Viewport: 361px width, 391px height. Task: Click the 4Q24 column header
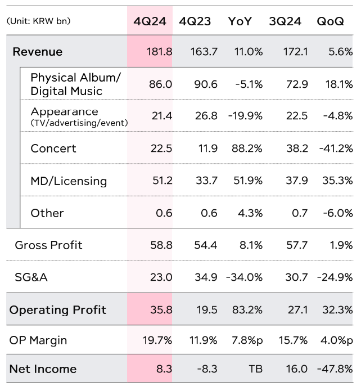[149, 21]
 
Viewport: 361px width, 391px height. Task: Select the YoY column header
[240, 21]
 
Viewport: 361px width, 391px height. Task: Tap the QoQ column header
[330, 21]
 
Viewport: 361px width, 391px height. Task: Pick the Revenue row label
[37, 52]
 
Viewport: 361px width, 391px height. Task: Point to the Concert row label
[53, 149]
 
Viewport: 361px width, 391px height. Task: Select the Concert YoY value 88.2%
[247, 149]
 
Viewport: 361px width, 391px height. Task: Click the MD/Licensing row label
[69, 181]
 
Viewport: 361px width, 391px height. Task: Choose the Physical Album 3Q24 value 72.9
[296, 84]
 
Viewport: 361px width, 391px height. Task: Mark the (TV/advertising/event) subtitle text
[79, 123]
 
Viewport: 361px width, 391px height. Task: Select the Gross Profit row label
[48, 245]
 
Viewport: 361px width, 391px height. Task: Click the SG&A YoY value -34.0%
[245, 277]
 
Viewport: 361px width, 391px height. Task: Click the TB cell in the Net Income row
[255, 370]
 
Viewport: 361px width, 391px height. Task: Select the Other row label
[47, 213]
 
